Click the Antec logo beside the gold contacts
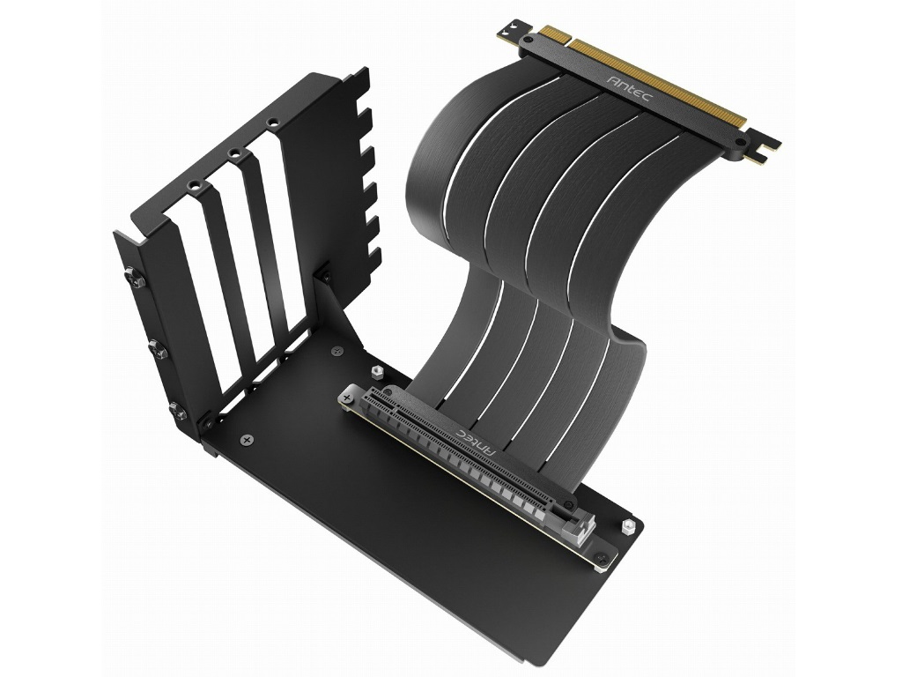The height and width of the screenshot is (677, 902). tap(629, 87)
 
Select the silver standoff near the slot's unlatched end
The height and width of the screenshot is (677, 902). tap(377, 371)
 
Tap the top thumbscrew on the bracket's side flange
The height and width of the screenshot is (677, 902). tap(135, 278)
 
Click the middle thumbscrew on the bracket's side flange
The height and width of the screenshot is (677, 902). tap(157, 349)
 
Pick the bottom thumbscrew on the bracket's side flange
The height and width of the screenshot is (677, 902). tap(178, 411)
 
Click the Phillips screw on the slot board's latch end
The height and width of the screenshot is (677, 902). tap(601, 557)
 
